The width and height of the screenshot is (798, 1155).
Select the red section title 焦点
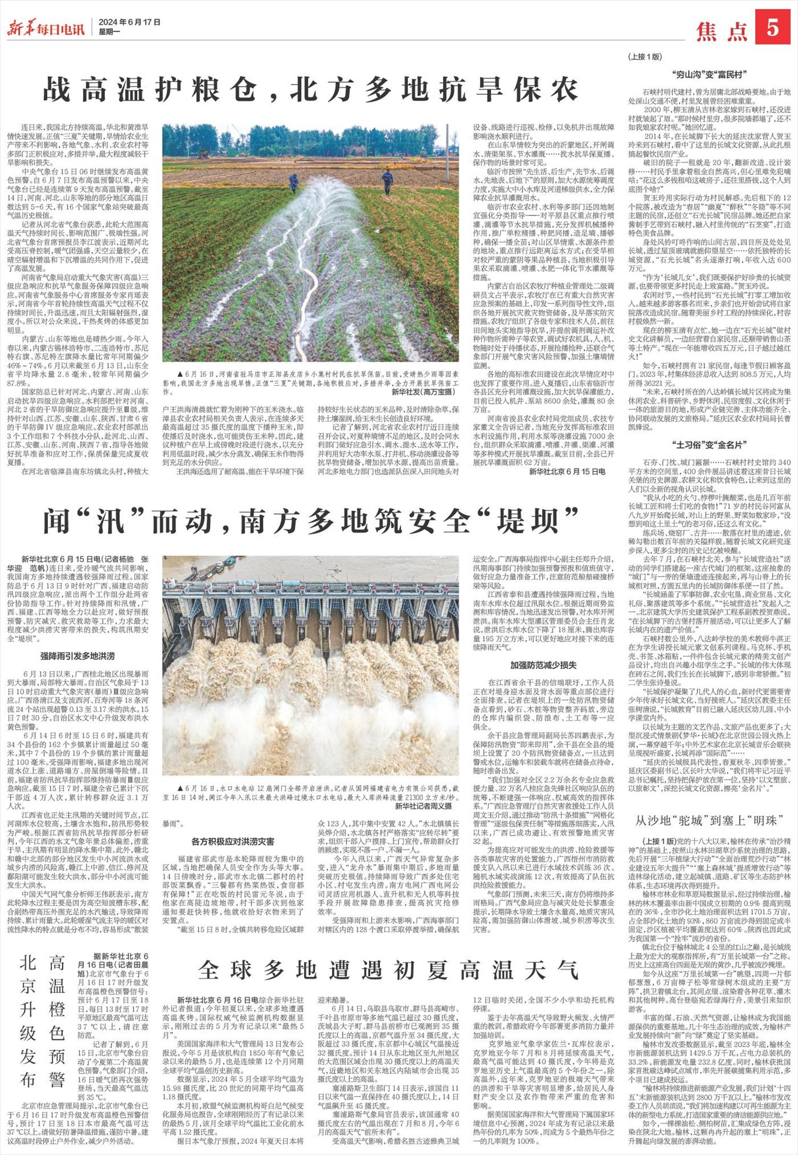tap(722, 31)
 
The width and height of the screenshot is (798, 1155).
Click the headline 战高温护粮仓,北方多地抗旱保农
tap(311, 89)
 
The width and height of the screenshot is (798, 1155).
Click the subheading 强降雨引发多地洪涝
tap(77, 656)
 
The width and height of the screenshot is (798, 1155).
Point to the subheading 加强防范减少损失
tap(543, 664)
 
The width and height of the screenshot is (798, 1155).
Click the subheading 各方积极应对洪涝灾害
tap(232, 841)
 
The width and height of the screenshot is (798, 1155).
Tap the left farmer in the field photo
tap(293, 182)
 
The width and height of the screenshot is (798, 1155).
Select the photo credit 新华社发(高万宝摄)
tap(423, 392)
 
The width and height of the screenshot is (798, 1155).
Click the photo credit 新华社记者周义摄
tap(423, 806)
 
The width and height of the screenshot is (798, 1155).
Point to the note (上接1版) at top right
tap(645, 56)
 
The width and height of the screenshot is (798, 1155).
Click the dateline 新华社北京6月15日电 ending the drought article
tap(567, 471)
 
